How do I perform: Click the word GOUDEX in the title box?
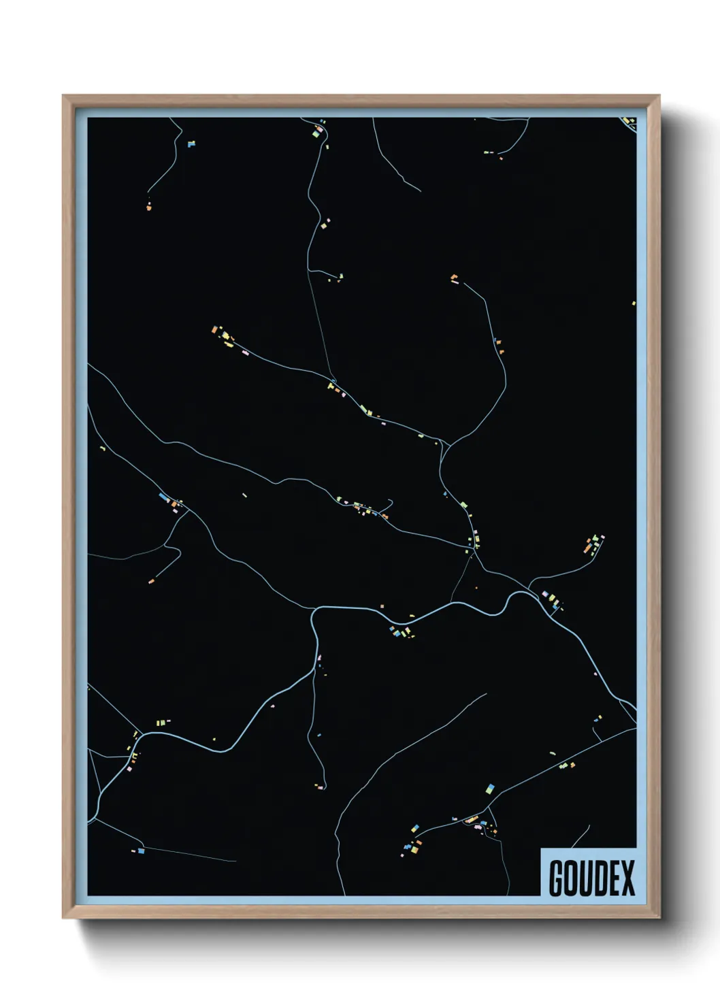591,877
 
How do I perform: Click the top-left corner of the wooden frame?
64,97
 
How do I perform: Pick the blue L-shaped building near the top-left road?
191,144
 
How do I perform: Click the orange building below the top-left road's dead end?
149,207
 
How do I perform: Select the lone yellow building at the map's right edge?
634,303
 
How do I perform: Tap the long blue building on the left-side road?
163,497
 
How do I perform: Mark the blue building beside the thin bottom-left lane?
141,851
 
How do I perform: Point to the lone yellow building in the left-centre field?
244,495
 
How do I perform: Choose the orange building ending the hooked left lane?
151,581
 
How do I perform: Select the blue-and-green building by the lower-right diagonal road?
489,789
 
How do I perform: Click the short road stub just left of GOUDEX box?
582,836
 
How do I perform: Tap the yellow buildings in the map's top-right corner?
629,122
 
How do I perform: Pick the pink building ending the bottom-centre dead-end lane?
321,787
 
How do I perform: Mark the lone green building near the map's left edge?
103,448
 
